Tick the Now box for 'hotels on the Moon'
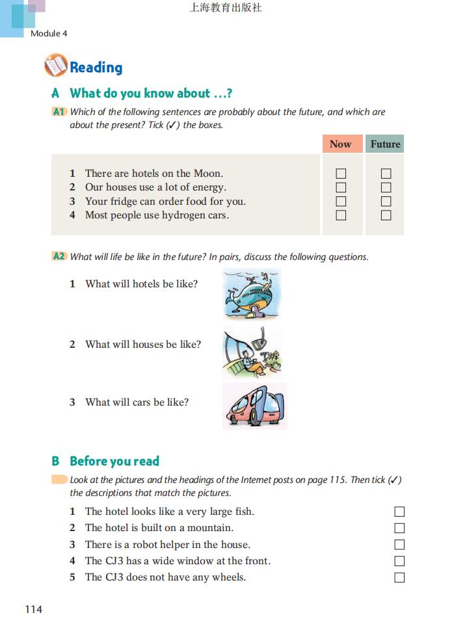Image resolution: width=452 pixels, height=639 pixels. [341, 174]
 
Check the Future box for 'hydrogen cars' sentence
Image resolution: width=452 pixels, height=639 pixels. [386, 215]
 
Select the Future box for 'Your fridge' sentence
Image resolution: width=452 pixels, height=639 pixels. [386, 202]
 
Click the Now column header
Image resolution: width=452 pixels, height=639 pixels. [341, 144]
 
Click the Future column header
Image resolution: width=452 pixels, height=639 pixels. [385, 144]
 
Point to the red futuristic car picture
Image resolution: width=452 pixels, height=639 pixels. [254, 406]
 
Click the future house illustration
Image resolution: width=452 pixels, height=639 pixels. [252, 352]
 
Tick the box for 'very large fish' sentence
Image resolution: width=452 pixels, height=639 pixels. [399, 512]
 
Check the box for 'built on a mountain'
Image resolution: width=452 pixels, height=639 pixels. [399, 528]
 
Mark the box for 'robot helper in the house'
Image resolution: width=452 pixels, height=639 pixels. [399, 545]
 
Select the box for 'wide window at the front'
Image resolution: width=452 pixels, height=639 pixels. [399, 561]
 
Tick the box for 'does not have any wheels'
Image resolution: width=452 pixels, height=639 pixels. [399, 577]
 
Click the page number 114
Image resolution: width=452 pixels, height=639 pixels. [33, 609]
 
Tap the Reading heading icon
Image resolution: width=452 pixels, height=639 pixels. [56, 66]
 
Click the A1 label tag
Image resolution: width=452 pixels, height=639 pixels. [59, 112]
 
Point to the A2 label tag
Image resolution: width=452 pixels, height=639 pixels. [59, 257]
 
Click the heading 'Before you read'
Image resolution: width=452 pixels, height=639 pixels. [114, 462]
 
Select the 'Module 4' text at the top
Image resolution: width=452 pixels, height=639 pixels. [49, 33]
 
